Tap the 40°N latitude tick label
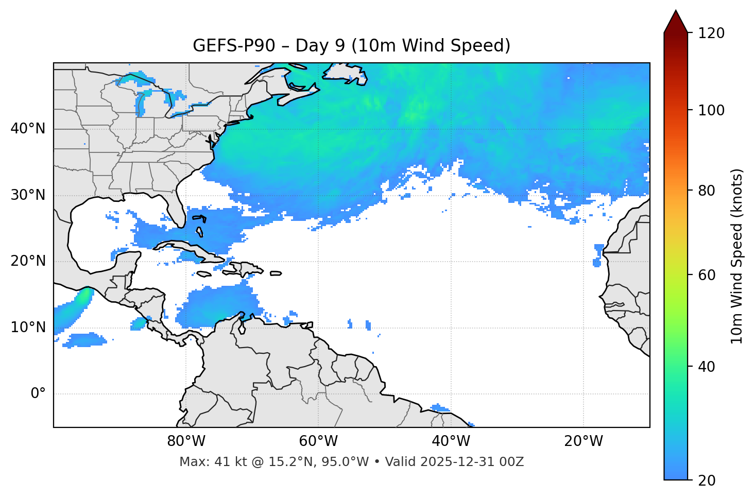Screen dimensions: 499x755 pos(28,129)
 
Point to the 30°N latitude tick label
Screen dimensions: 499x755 pos(28,195)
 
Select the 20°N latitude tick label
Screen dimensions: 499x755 pos(28,261)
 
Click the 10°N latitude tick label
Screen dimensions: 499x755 pos(28,328)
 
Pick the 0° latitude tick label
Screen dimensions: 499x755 pos(38,394)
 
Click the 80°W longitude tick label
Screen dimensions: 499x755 pos(186,441)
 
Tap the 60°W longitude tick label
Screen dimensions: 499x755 pos(318,441)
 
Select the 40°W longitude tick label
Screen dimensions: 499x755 pos(451,441)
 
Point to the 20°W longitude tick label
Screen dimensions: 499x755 pos(583,441)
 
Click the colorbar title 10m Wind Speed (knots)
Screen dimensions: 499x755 pos(737,256)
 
